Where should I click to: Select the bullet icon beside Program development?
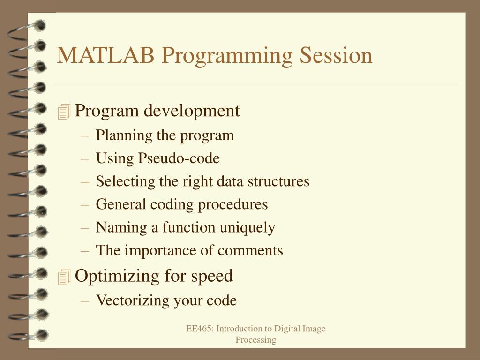[64, 112]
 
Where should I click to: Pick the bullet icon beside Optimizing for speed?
[64, 277]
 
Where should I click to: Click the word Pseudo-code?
[179, 158]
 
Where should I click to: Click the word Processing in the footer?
[255, 340]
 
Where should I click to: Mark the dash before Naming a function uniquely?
[85, 228]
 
